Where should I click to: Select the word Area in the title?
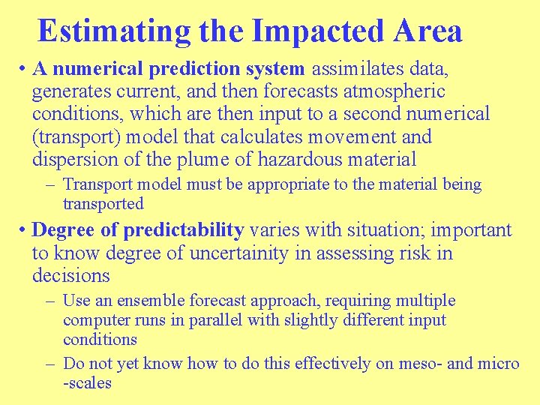point(430,31)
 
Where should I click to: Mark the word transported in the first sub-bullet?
point(103,204)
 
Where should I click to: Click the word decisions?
point(71,275)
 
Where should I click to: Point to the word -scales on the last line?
point(87,382)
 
